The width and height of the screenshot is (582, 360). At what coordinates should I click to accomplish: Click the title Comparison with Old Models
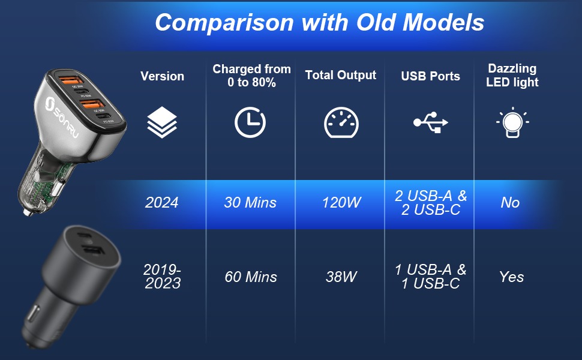[319, 22]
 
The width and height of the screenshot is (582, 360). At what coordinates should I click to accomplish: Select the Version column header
[162, 76]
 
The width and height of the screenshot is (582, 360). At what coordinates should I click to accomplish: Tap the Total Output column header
[340, 75]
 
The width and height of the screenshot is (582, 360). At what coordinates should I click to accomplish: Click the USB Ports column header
[430, 76]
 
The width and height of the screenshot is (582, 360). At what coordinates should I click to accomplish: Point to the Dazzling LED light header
[512, 76]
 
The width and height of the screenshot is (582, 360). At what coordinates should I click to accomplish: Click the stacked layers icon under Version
[162, 122]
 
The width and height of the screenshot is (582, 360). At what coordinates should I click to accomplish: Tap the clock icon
[250, 122]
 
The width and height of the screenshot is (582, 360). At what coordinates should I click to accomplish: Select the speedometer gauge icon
[341, 122]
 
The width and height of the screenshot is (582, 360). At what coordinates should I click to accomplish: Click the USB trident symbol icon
[431, 122]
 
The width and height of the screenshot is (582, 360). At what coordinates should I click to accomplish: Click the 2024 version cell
[162, 203]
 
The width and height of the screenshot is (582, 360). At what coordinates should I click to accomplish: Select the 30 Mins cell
[250, 203]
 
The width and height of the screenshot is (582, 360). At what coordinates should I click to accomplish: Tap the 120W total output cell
[341, 203]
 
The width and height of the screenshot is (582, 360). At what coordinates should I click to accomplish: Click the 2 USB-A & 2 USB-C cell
[431, 203]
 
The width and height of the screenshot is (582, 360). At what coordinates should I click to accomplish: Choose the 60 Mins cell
[251, 277]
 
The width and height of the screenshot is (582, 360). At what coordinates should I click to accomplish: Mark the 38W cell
[341, 277]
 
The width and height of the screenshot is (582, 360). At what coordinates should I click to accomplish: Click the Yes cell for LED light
[511, 277]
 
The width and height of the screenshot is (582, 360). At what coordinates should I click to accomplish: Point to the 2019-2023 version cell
[162, 277]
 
